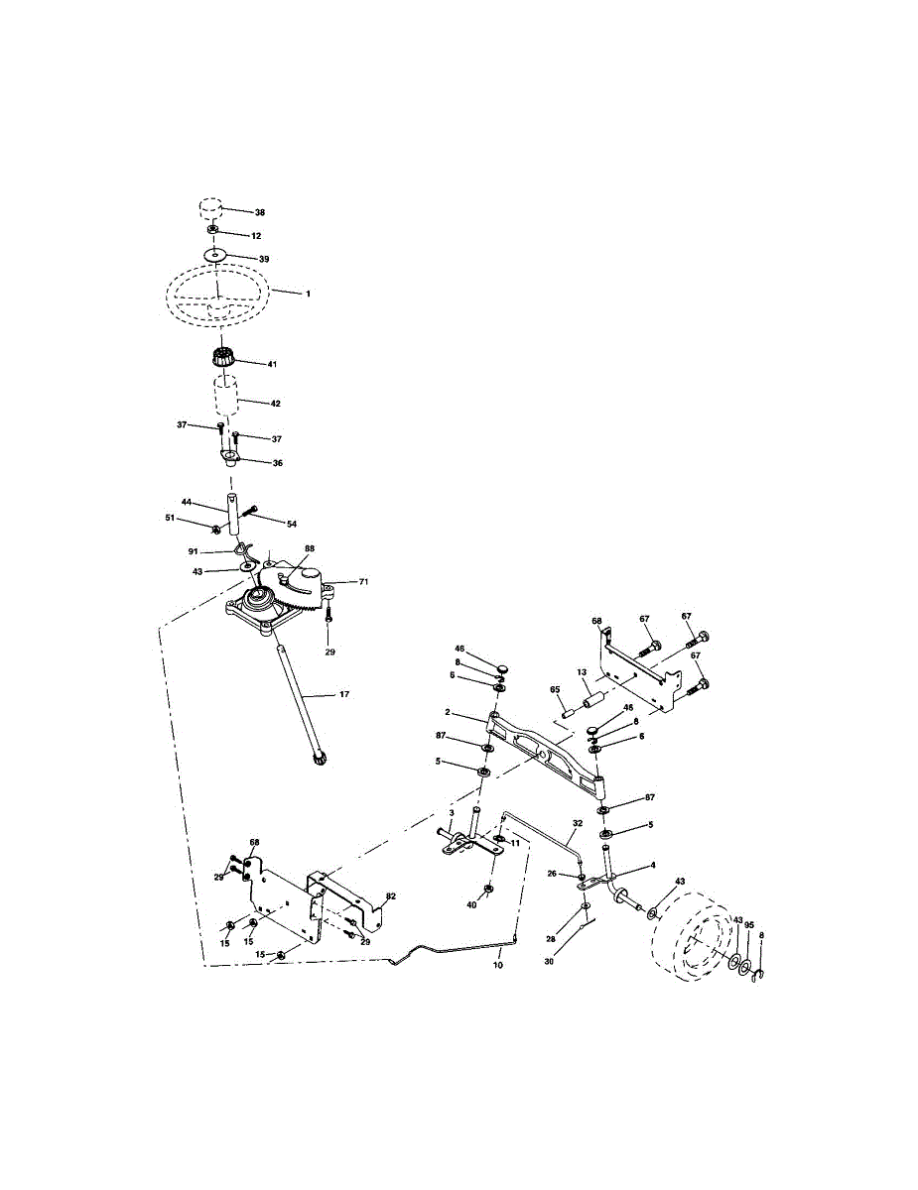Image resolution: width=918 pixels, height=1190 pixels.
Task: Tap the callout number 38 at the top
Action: (259, 213)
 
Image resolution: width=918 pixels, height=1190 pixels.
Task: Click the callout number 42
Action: (275, 404)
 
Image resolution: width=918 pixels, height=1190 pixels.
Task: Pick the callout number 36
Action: (277, 463)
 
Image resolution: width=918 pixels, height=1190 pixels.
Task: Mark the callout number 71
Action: (362, 582)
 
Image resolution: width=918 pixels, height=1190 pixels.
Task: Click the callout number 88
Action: (310, 548)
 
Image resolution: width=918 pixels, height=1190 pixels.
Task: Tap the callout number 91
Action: (194, 550)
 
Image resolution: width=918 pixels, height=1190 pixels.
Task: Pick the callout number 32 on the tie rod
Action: (578, 823)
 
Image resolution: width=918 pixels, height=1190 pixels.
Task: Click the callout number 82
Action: (391, 895)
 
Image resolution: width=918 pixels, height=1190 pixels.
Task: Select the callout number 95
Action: (749, 924)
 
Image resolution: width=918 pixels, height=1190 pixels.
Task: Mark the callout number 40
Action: (472, 904)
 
